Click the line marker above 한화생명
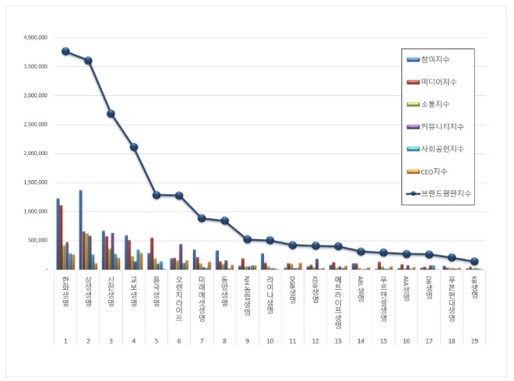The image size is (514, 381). (65, 51)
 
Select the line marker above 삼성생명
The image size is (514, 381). (88, 61)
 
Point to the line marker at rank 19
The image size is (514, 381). (474, 261)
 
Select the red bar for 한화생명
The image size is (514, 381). (62, 237)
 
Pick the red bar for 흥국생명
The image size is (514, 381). (152, 253)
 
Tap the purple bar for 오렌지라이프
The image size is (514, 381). (181, 256)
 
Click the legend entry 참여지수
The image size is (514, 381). (435, 59)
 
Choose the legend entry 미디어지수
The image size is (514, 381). (438, 81)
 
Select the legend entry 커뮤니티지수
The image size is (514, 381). (440, 125)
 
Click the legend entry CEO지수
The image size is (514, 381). (433, 170)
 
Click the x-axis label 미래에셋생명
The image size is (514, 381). (202, 298)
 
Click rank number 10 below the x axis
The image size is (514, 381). (269, 340)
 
